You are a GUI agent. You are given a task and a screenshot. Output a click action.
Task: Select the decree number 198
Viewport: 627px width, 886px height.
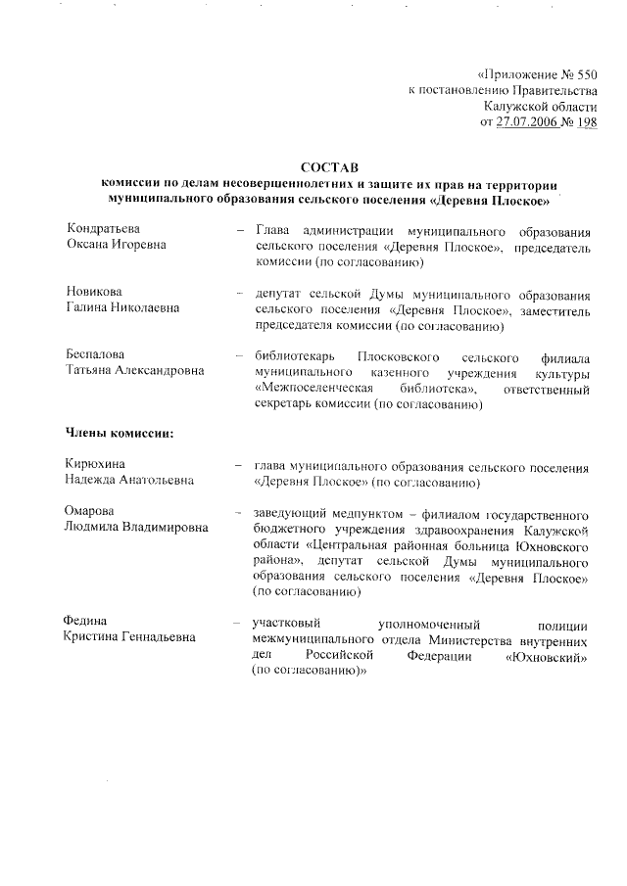tap(585, 121)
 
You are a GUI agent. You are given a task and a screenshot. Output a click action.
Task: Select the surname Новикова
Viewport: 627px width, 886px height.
tap(95, 292)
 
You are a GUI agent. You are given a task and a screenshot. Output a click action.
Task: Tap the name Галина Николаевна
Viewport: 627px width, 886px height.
tap(122, 307)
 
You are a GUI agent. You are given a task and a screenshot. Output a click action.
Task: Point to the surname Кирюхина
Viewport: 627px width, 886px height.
tap(96, 463)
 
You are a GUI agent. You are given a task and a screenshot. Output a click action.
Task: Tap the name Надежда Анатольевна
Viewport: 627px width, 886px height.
tap(128, 479)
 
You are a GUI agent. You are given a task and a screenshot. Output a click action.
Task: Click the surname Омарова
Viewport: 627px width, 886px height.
tap(90, 510)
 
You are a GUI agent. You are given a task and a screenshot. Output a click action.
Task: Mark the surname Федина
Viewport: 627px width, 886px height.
tap(86, 621)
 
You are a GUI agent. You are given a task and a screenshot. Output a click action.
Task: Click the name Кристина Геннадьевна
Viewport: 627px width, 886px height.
tap(129, 636)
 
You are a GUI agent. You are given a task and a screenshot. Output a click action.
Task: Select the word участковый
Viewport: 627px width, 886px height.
tap(288, 622)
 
